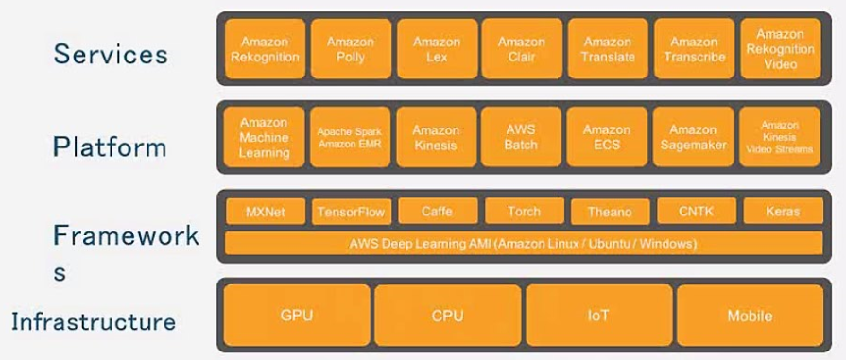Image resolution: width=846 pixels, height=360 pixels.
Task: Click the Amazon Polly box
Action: (350, 49)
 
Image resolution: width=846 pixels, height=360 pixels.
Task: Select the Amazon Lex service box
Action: (436, 49)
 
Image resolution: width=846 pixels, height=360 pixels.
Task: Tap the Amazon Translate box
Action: (607, 49)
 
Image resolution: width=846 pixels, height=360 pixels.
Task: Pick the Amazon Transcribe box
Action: (693, 49)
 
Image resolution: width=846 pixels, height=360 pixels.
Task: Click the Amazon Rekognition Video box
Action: (780, 49)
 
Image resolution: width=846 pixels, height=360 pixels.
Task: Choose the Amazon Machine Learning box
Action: (264, 138)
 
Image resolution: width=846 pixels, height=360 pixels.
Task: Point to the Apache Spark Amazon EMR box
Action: (350, 138)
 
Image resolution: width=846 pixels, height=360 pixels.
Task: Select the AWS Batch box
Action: (521, 138)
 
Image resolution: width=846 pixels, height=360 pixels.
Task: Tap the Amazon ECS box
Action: (607, 138)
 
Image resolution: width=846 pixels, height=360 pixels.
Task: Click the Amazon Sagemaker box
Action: (693, 138)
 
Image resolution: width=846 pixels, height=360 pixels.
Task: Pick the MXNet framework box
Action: (264, 212)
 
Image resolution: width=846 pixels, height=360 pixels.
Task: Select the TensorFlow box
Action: (351, 212)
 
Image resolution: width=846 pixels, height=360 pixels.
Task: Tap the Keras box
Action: (782, 212)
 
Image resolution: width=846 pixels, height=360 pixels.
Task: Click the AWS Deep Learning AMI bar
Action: (523, 244)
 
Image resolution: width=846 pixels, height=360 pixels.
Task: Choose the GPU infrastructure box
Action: (296, 316)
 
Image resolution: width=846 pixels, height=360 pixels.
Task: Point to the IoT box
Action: (597, 316)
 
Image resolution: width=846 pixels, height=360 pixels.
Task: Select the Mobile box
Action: (750, 316)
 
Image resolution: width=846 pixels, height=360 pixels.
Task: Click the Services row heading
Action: (111, 54)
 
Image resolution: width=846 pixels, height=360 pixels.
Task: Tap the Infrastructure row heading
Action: (94, 322)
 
